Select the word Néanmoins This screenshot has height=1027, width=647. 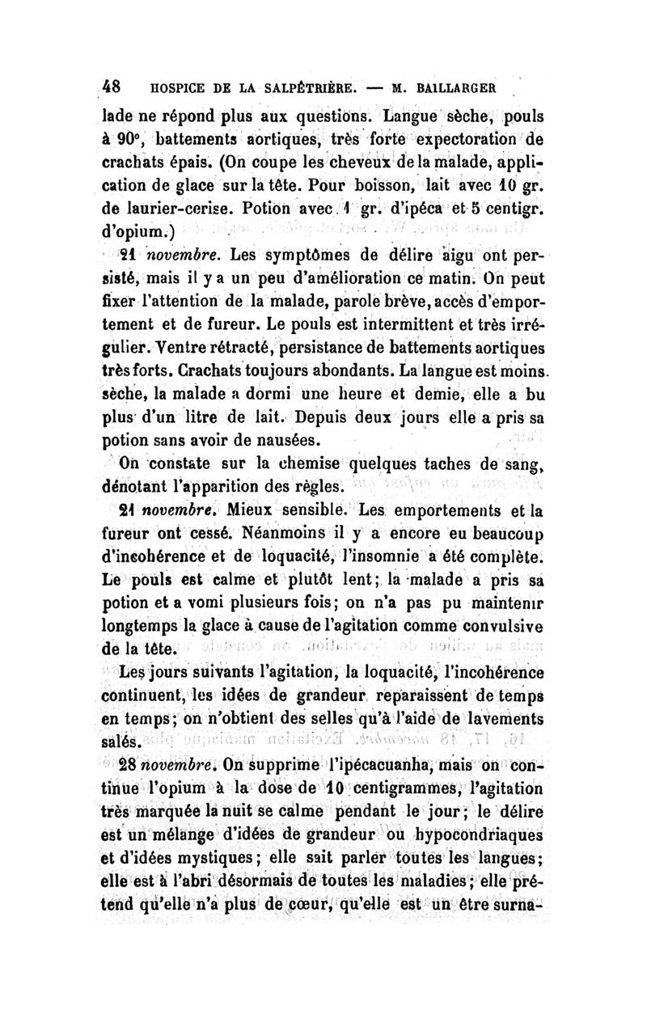tap(307, 532)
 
